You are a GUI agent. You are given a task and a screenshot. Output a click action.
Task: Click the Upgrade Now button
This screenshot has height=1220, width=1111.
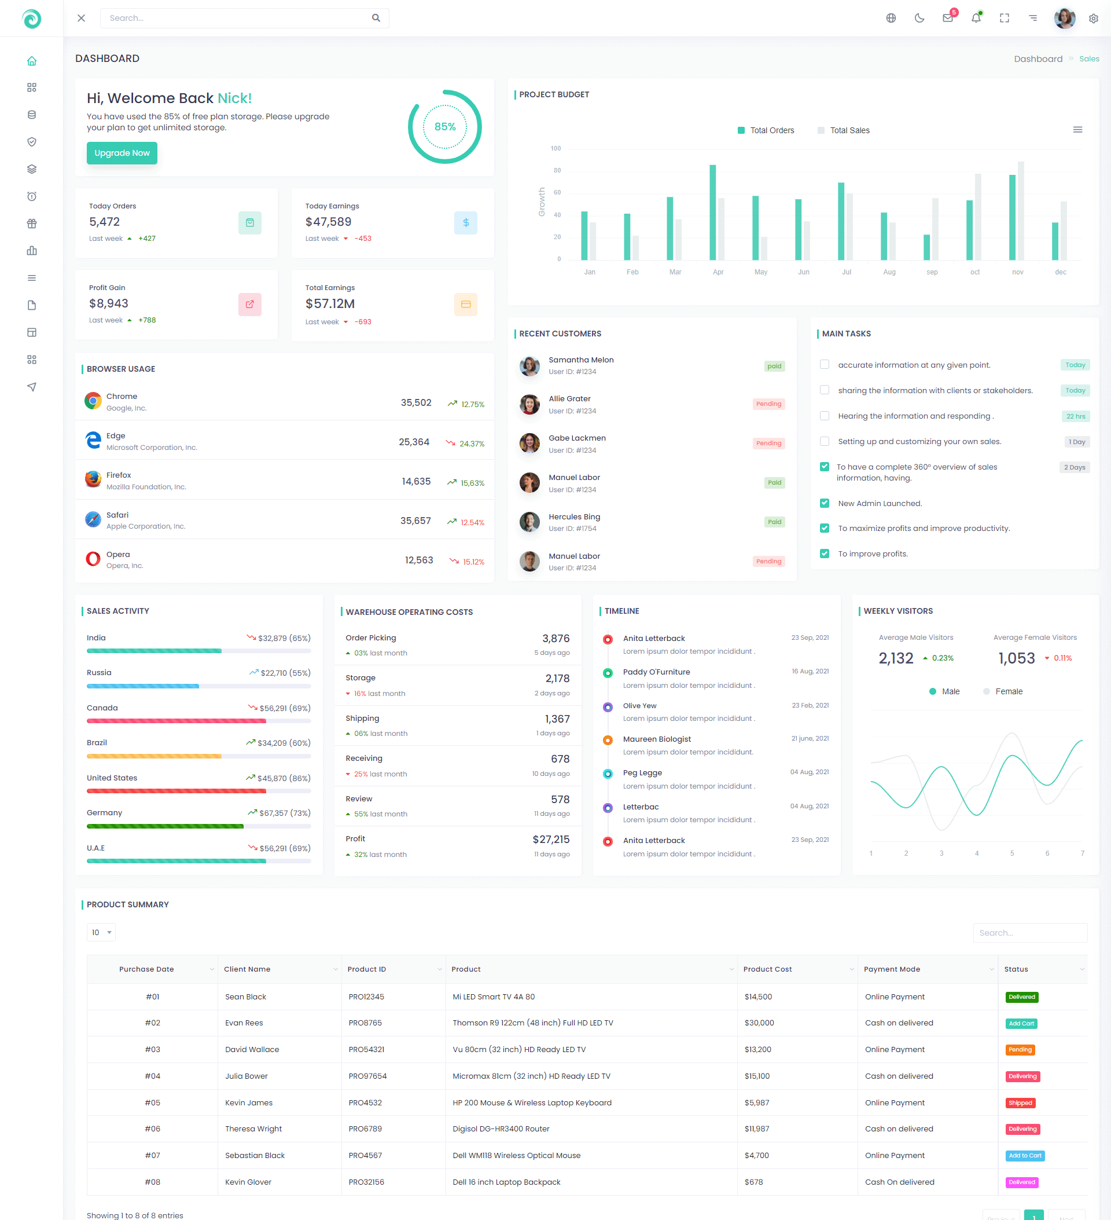122,153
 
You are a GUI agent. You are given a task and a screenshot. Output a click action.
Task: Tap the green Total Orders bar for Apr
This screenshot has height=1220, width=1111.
712,212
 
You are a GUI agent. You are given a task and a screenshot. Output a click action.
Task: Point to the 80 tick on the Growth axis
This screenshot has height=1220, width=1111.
557,171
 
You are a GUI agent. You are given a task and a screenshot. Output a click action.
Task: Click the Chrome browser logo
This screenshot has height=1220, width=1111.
93,401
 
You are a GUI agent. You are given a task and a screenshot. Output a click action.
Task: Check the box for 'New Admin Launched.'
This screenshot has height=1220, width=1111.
825,503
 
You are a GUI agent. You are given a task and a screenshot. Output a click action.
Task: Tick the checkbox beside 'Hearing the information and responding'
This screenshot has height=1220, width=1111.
825,416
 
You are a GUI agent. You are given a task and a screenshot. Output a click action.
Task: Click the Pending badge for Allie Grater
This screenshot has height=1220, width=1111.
768,404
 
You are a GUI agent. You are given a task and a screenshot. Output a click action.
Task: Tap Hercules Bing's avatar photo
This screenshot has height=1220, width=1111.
529,522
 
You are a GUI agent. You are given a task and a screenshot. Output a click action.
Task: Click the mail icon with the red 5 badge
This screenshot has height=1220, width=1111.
948,18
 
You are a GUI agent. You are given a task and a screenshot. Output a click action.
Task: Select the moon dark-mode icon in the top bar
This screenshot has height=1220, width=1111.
919,18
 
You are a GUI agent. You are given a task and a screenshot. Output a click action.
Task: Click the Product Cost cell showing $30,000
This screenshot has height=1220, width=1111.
759,1023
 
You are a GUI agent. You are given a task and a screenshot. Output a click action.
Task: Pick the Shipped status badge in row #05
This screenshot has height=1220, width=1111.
1020,1102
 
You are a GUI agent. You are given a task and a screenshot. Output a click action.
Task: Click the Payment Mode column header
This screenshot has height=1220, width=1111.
892,969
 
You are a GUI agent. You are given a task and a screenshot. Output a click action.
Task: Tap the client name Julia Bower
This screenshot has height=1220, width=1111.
246,1076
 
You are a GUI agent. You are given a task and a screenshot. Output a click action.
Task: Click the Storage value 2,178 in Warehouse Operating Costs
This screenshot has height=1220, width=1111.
557,679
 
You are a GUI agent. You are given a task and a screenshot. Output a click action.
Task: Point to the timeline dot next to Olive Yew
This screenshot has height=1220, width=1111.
608,707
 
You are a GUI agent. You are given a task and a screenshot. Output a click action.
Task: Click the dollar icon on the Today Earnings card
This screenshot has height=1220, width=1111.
466,223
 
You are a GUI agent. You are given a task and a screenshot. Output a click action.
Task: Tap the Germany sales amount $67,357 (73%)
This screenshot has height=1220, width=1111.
284,813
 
